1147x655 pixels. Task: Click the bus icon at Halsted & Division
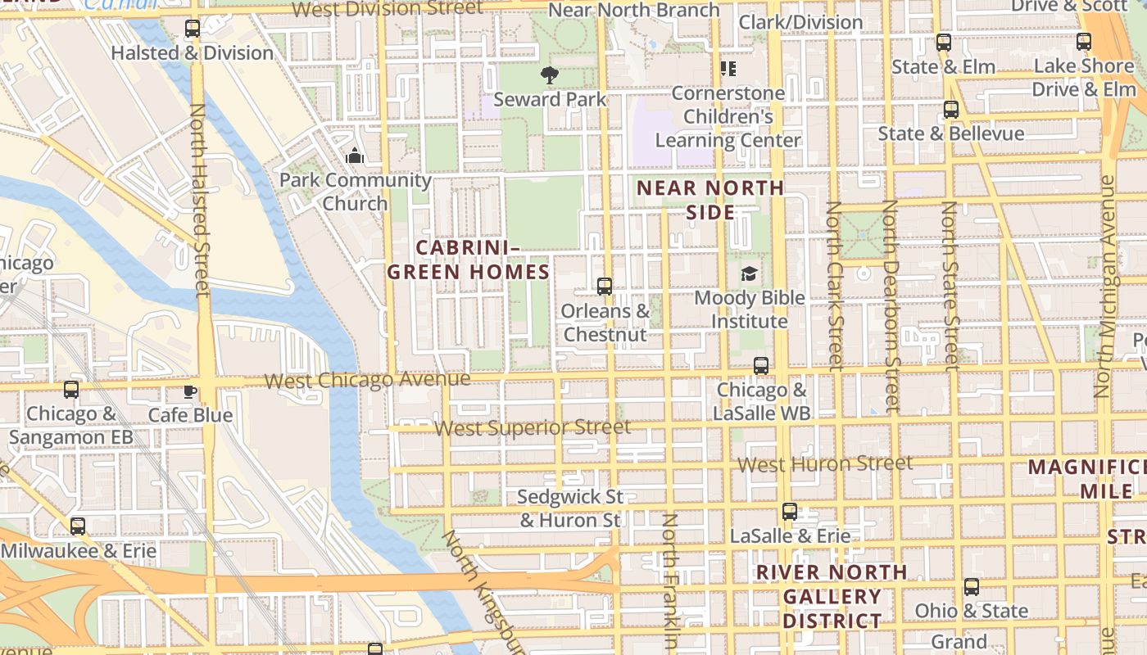[x=193, y=29]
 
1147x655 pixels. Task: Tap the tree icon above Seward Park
[x=550, y=75]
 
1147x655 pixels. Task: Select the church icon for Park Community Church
[x=355, y=156]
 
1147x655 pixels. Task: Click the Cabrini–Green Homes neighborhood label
[x=468, y=260]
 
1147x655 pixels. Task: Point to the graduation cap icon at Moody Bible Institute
[x=749, y=273]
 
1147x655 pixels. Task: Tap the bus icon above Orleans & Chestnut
[x=605, y=287]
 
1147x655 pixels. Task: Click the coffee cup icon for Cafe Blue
[x=190, y=391]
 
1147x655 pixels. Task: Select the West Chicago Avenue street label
[x=368, y=380]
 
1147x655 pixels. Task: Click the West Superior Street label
[x=533, y=427]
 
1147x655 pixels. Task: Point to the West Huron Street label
[x=824, y=464]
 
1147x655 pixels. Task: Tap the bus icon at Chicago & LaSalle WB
[x=761, y=366]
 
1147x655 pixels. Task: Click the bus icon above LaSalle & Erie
[x=790, y=512]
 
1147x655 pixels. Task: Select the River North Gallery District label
[x=832, y=596]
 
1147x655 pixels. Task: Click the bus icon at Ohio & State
[x=972, y=587]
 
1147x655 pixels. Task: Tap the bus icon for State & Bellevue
[x=951, y=110]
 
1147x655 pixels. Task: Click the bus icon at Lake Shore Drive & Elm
[x=1084, y=42]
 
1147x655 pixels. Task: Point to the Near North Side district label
[x=710, y=200]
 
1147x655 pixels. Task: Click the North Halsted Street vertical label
[x=199, y=201]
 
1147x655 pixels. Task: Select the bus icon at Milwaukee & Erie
[x=78, y=526]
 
